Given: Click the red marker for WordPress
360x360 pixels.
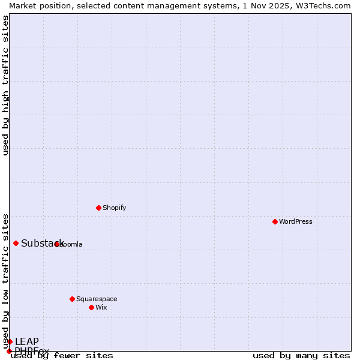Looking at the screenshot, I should pyautogui.click(x=275, y=221).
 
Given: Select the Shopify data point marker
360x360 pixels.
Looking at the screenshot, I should pyautogui.click(x=98, y=208).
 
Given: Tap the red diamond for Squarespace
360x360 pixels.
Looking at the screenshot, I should pyautogui.click(x=72, y=299).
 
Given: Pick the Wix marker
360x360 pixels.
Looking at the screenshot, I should pyautogui.click(x=91, y=307).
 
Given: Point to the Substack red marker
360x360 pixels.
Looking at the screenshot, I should pyautogui.click(x=16, y=243).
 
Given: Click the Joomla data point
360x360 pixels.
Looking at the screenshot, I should pyautogui.click(x=57, y=244).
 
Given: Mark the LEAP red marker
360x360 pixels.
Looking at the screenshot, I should pyautogui.click(x=10, y=341).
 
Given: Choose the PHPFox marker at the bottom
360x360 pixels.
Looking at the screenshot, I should pyautogui.click(x=9, y=351).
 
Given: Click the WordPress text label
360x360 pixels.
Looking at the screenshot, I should pyautogui.click(x=296, y=221).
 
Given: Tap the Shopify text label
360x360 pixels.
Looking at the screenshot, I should pyautogui.click(x=114, y=208).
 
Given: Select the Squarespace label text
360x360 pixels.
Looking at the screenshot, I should pyautogui.click(x=97, y=299).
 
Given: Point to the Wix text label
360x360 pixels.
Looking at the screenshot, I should pyautogui.click(x=101, y=307).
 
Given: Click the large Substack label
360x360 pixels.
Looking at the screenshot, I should pyautogui.click(x=42, y=243).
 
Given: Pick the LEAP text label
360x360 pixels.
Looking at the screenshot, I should pyautogui.click(x=27, y=341).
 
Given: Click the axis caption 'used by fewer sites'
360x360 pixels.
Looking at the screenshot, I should pyautogui.click(x=62, y=356).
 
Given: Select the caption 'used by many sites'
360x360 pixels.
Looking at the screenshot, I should pyautogui.click(x=301, y=356).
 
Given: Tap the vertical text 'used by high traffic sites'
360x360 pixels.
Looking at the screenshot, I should pyautogui.click(x=5, y=85).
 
